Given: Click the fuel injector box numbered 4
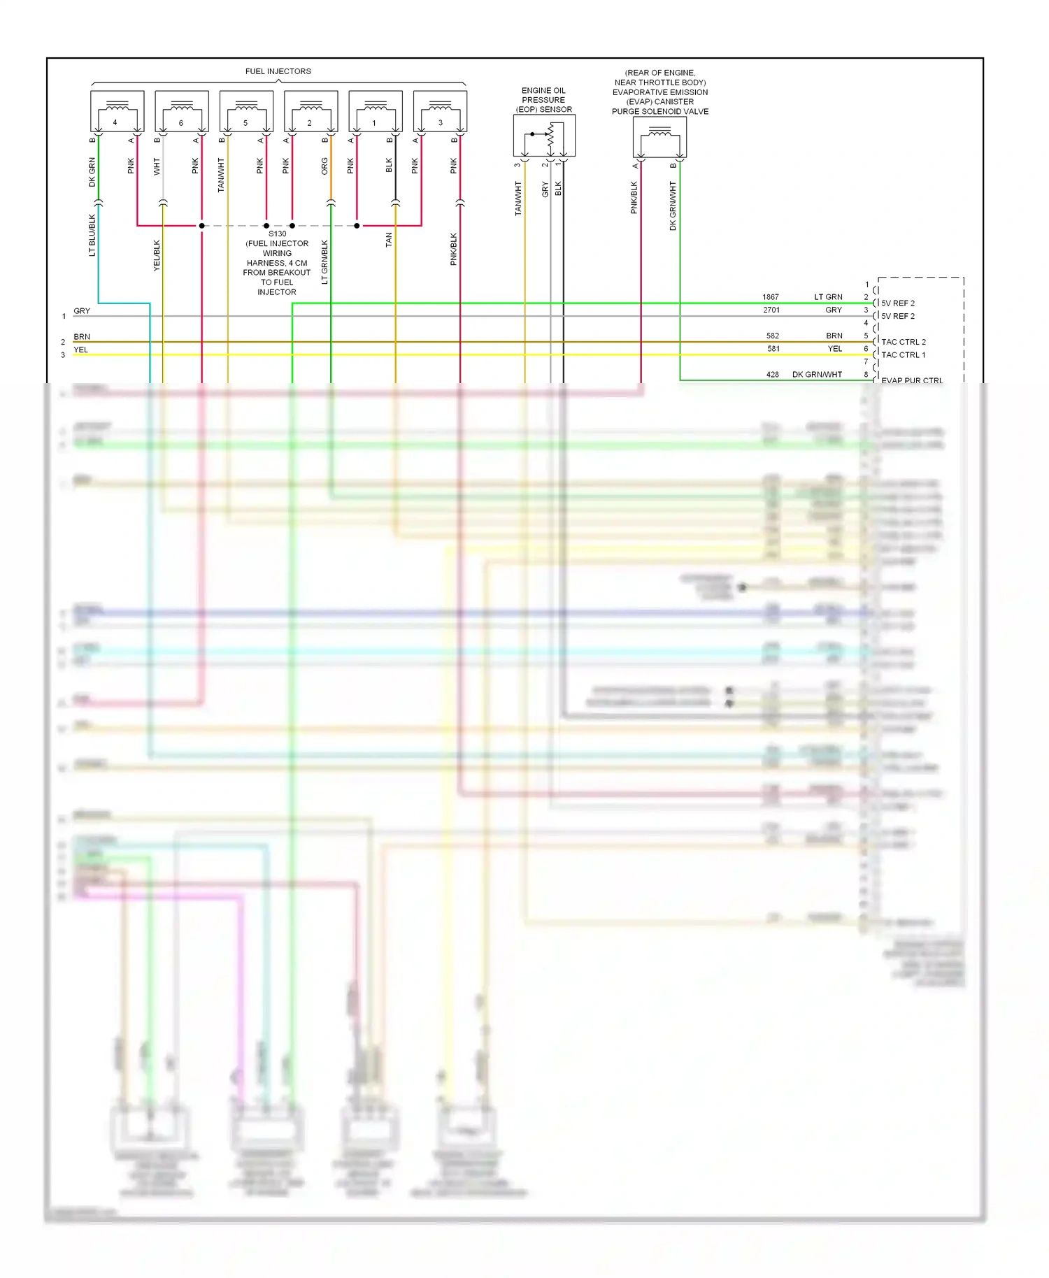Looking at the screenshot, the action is tap(117, 111).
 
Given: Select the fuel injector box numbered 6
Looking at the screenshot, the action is tap(182, 111).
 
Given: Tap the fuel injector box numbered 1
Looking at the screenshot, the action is tap(376, 111).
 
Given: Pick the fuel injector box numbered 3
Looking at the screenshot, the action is tap(440, 111).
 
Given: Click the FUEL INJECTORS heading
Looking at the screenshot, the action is tap(278, 71).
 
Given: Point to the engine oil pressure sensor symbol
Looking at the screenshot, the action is tap(544, 136).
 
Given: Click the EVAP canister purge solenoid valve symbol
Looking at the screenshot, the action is tap(659, 137).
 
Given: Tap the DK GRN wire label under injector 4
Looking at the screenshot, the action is tap(92, 172).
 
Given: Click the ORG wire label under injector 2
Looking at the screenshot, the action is tap(324, 166).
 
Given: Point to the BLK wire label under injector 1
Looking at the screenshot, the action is tap(390, 166).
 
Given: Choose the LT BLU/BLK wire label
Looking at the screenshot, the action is tap(92, 235).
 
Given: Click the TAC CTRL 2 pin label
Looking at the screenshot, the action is tap(903, 342).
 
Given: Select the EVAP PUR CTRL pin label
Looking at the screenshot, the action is tap(911, 380).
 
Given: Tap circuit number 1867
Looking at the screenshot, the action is tap(771, 297).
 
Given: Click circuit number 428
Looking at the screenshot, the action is tap(772, 375).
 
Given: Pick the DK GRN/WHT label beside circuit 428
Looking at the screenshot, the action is tap(817, 375).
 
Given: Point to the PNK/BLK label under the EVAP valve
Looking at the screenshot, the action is tap(634, 197).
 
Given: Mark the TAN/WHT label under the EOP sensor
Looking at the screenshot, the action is tap(518, 198).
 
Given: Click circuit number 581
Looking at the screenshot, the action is tap(773, 349).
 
